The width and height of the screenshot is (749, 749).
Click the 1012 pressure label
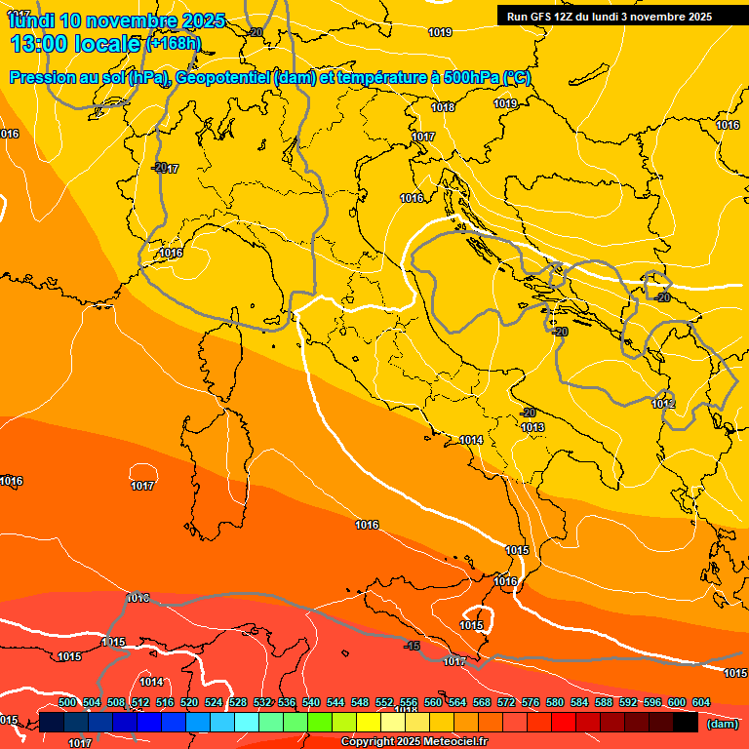coord(663,404)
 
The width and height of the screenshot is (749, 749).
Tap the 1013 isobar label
coord(532,427)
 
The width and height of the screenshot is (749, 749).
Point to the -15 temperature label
coord(413,646)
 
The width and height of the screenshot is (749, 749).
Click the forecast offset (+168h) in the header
coord(176,44)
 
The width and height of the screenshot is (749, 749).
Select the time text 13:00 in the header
coord(44,44)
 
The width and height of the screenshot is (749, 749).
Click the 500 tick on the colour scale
coord(67,702)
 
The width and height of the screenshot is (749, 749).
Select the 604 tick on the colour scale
coord(701,702)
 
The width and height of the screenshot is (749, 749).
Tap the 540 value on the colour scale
coord(311,702)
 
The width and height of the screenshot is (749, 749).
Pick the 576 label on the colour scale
coord(531,702)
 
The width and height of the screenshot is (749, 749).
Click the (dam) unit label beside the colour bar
coord(722,724)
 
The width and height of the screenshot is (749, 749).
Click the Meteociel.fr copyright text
coord(450,742)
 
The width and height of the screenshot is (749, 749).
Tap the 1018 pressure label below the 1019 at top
coord(443,107)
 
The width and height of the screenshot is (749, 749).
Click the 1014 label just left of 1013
coord(471,441)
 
